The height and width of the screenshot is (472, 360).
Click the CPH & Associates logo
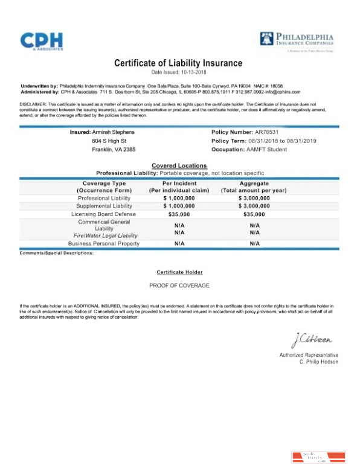tap(42, 41)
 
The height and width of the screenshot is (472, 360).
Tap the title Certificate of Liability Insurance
tap(178, 63)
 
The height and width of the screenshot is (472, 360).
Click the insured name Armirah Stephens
tap(114, 132)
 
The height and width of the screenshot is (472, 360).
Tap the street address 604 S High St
tap(108, 141)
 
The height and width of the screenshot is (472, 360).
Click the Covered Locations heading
tap(179, 165)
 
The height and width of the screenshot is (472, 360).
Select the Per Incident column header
tap(179, 183)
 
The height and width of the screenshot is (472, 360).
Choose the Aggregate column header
tap(254, 183)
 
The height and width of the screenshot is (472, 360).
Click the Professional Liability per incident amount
tap(179, 198)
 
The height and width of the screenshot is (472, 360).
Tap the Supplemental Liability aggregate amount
tap(254, 206)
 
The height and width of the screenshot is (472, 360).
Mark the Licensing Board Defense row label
tap(103, 214)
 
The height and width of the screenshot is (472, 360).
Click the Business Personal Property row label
tap(103, 243)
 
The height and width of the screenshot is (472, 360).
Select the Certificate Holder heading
tap(179, 272)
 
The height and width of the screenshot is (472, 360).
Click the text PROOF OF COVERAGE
tap(179, 285)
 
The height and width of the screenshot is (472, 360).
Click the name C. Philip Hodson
tap(318, 362)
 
